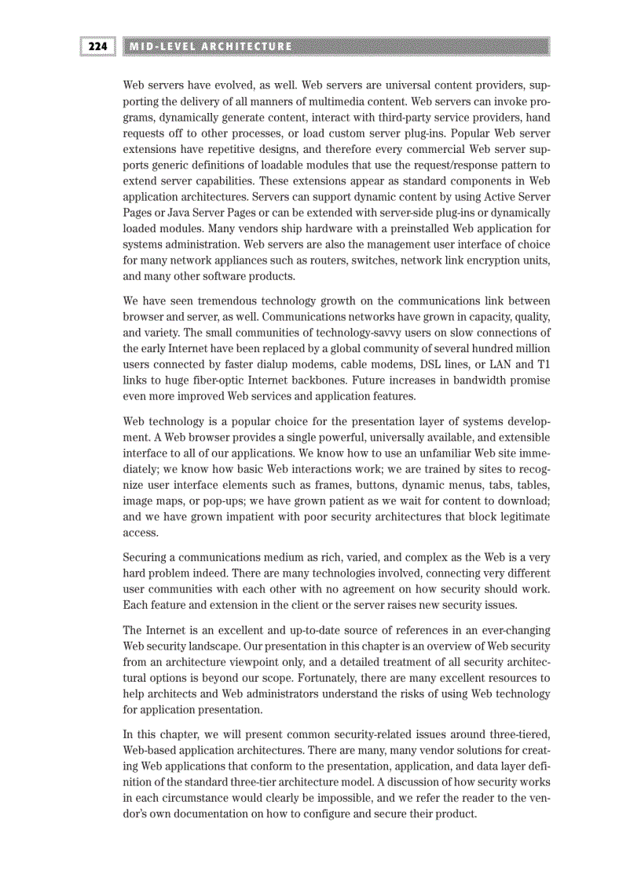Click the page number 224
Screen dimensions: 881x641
coord(97,46)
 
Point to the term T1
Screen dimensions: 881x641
coord(541,365)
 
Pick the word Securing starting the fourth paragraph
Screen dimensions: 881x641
coord(148,558)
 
